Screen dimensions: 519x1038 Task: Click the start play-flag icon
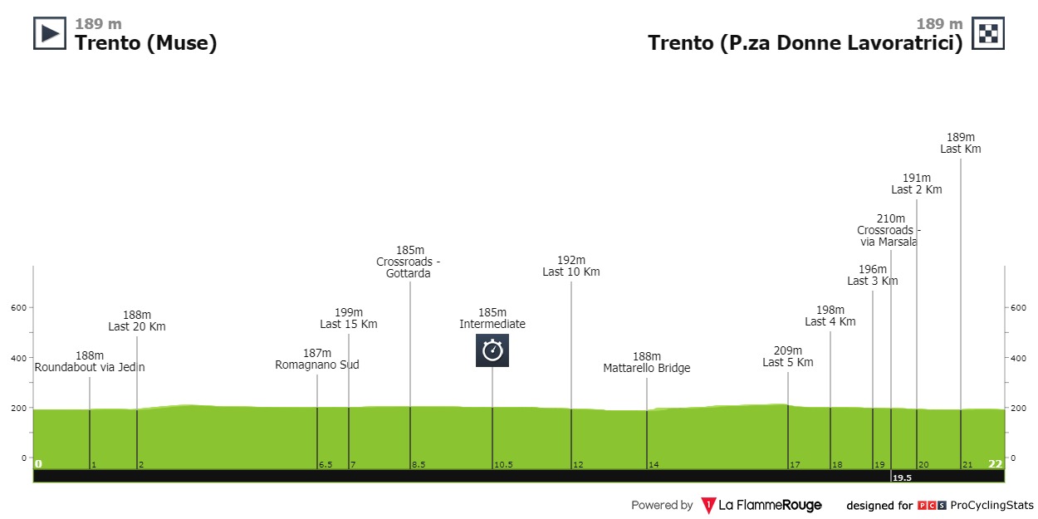click(49, 33)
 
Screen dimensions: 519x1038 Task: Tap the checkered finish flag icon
click(988, 33)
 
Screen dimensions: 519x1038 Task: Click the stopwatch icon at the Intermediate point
click(492, 350)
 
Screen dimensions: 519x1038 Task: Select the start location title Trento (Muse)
click(146, 43)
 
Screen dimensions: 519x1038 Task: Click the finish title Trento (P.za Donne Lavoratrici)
click(805, 43)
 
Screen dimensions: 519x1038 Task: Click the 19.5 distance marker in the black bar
click(901, 478)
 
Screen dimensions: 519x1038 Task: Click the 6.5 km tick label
click(326, 465)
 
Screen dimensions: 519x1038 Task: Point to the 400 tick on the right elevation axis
click(1018, 358)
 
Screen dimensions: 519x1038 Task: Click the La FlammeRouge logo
click(761, 505)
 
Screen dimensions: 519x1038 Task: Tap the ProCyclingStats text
click(991, 505)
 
